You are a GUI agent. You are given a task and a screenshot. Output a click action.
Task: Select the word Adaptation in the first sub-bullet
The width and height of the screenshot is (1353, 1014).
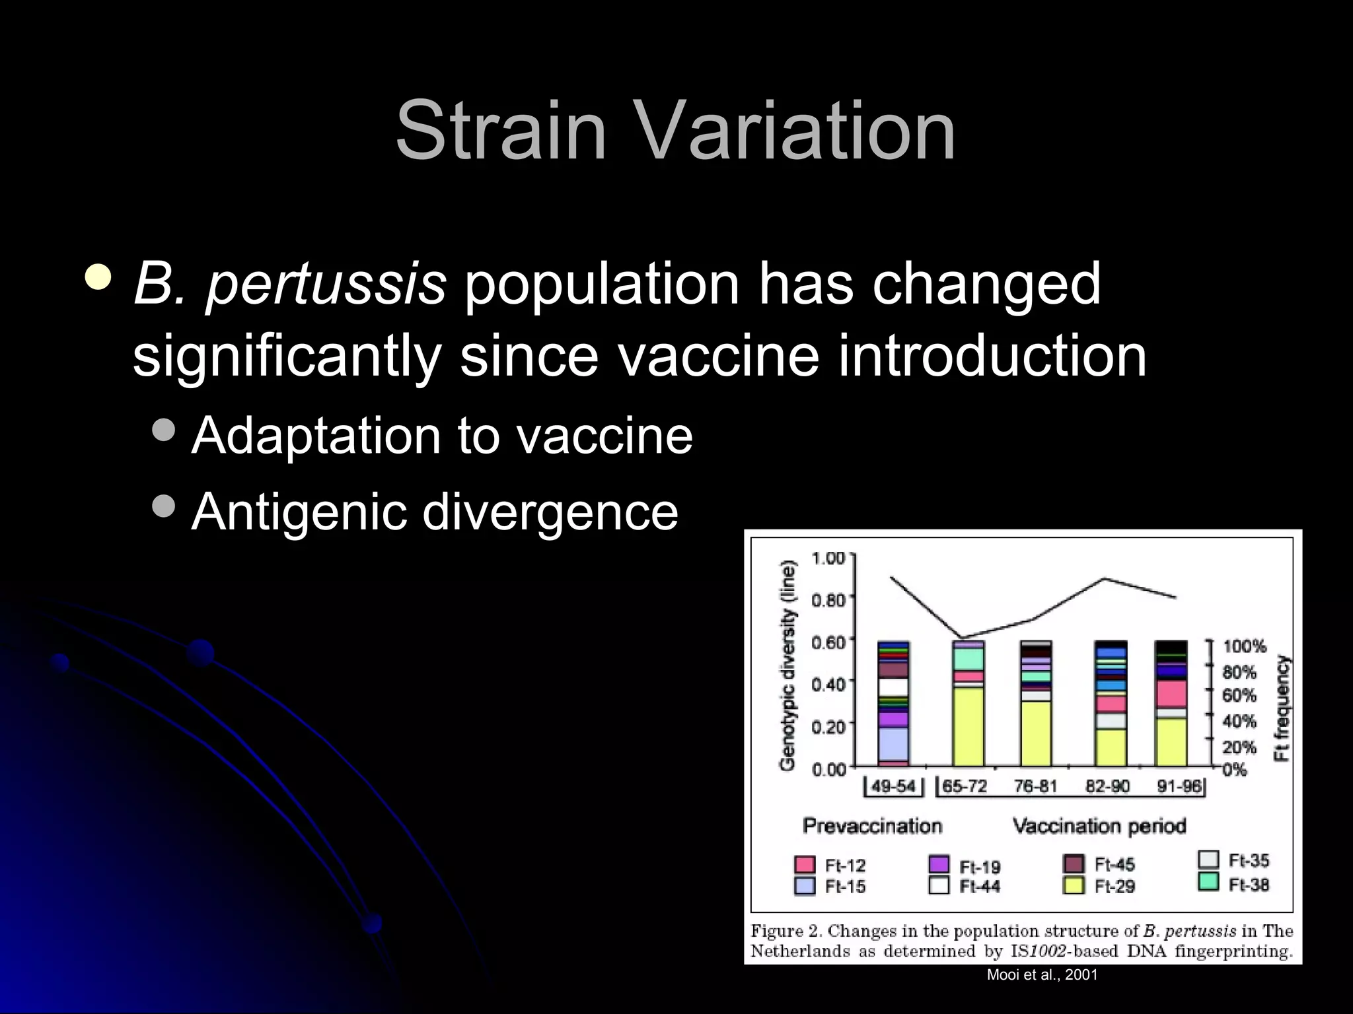coord(316,436)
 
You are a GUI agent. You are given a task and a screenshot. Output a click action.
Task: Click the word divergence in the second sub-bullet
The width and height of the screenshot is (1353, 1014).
coord(550,512)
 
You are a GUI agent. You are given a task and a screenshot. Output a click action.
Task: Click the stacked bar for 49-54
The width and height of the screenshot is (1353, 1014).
coord(893,703)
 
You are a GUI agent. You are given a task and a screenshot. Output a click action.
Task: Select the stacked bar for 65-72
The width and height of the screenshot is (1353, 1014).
coord(968,703)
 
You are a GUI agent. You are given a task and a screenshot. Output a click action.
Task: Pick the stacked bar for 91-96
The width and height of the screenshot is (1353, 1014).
coord(1171,703)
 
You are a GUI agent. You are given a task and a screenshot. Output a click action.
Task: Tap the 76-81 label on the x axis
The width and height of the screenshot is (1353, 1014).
coord(1035,786)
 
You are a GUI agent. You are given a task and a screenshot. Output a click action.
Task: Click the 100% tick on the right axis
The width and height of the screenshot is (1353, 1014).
coord(1244,646)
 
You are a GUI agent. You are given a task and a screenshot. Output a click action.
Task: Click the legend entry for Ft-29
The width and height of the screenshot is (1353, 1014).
coord(1100,886)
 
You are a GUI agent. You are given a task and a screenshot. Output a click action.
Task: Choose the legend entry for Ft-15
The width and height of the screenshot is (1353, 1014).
coord(830,886)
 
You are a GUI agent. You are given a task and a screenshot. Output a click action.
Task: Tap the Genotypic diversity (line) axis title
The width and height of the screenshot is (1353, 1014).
coord(787,665)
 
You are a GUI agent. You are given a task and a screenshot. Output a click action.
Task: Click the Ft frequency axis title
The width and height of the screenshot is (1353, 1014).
coord(1282,708)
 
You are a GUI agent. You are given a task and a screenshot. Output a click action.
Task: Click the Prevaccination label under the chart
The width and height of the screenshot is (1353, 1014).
coord(872,826)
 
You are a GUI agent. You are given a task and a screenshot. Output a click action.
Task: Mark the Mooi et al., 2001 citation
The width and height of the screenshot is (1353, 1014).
coord(1042,975)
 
